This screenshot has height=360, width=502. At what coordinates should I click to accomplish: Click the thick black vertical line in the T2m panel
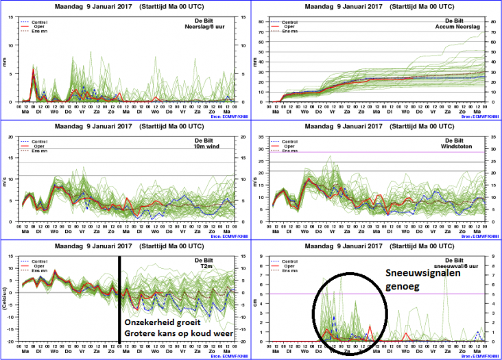pyautogui.click(x=119, y=295)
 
